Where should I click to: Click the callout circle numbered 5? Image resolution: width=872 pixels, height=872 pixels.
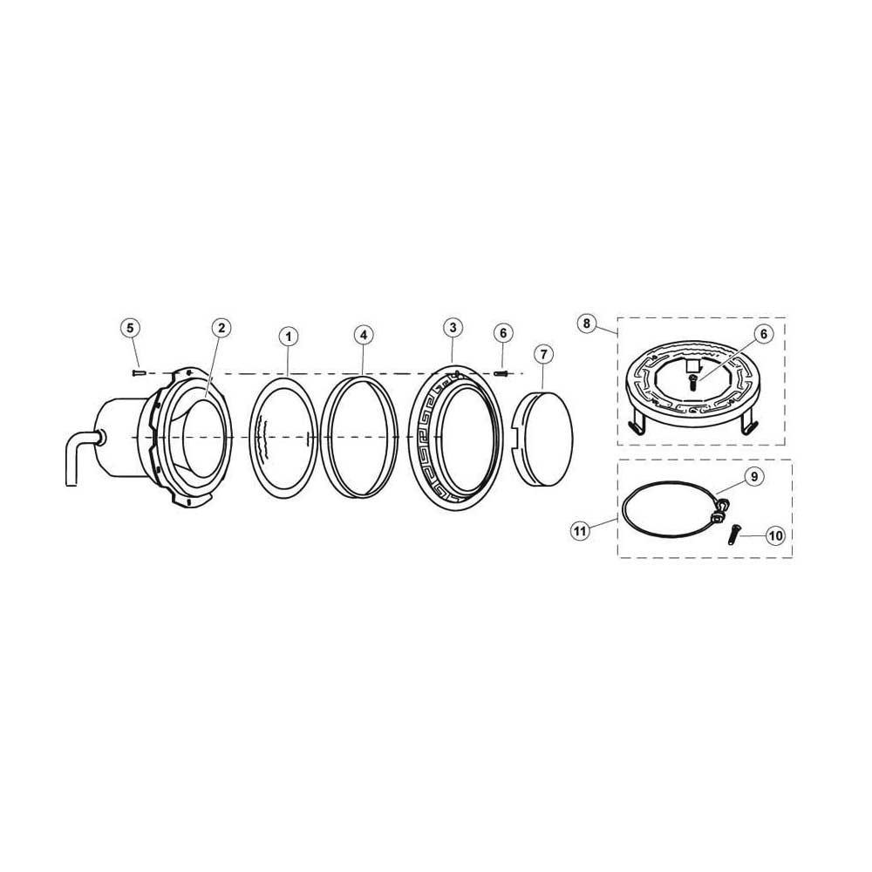pos(129,329)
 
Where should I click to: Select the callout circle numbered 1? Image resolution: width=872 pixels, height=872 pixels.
pos(288,335)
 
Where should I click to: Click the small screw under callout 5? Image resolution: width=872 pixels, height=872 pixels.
pos(138,372)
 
